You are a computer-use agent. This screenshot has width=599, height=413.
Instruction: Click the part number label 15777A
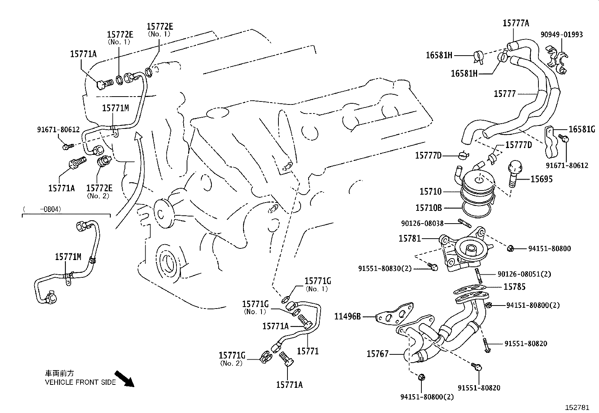[516, 23]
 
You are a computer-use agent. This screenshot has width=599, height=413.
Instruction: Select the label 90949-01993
[562, 35]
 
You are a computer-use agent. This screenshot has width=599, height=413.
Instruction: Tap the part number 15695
[541, 179]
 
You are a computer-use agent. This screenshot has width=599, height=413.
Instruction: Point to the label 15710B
[428, 207]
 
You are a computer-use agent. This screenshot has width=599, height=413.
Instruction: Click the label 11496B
[348, 316]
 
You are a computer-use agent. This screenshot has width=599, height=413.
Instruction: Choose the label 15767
[377, 354]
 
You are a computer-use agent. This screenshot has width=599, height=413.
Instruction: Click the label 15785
[514, 287]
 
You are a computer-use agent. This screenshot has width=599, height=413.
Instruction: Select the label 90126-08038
[423, 224]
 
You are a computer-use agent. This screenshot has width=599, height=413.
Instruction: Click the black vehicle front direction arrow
[124, 378]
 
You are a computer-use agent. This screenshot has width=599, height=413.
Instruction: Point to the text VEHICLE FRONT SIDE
[81, 382]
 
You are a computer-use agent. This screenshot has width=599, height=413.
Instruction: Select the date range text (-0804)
[42, 209]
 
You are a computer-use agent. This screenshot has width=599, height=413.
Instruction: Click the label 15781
[410, 238]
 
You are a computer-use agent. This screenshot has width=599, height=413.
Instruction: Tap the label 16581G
[582, 129]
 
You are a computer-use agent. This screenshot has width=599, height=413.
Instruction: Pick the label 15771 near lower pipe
[308, 351]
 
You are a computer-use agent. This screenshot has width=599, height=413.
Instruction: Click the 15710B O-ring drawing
[476, 210]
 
